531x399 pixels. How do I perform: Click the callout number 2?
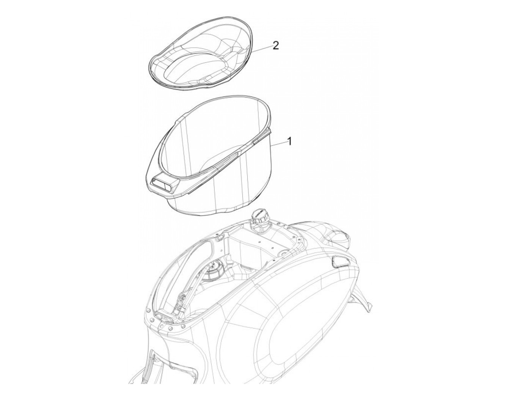(x=275, y=45)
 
